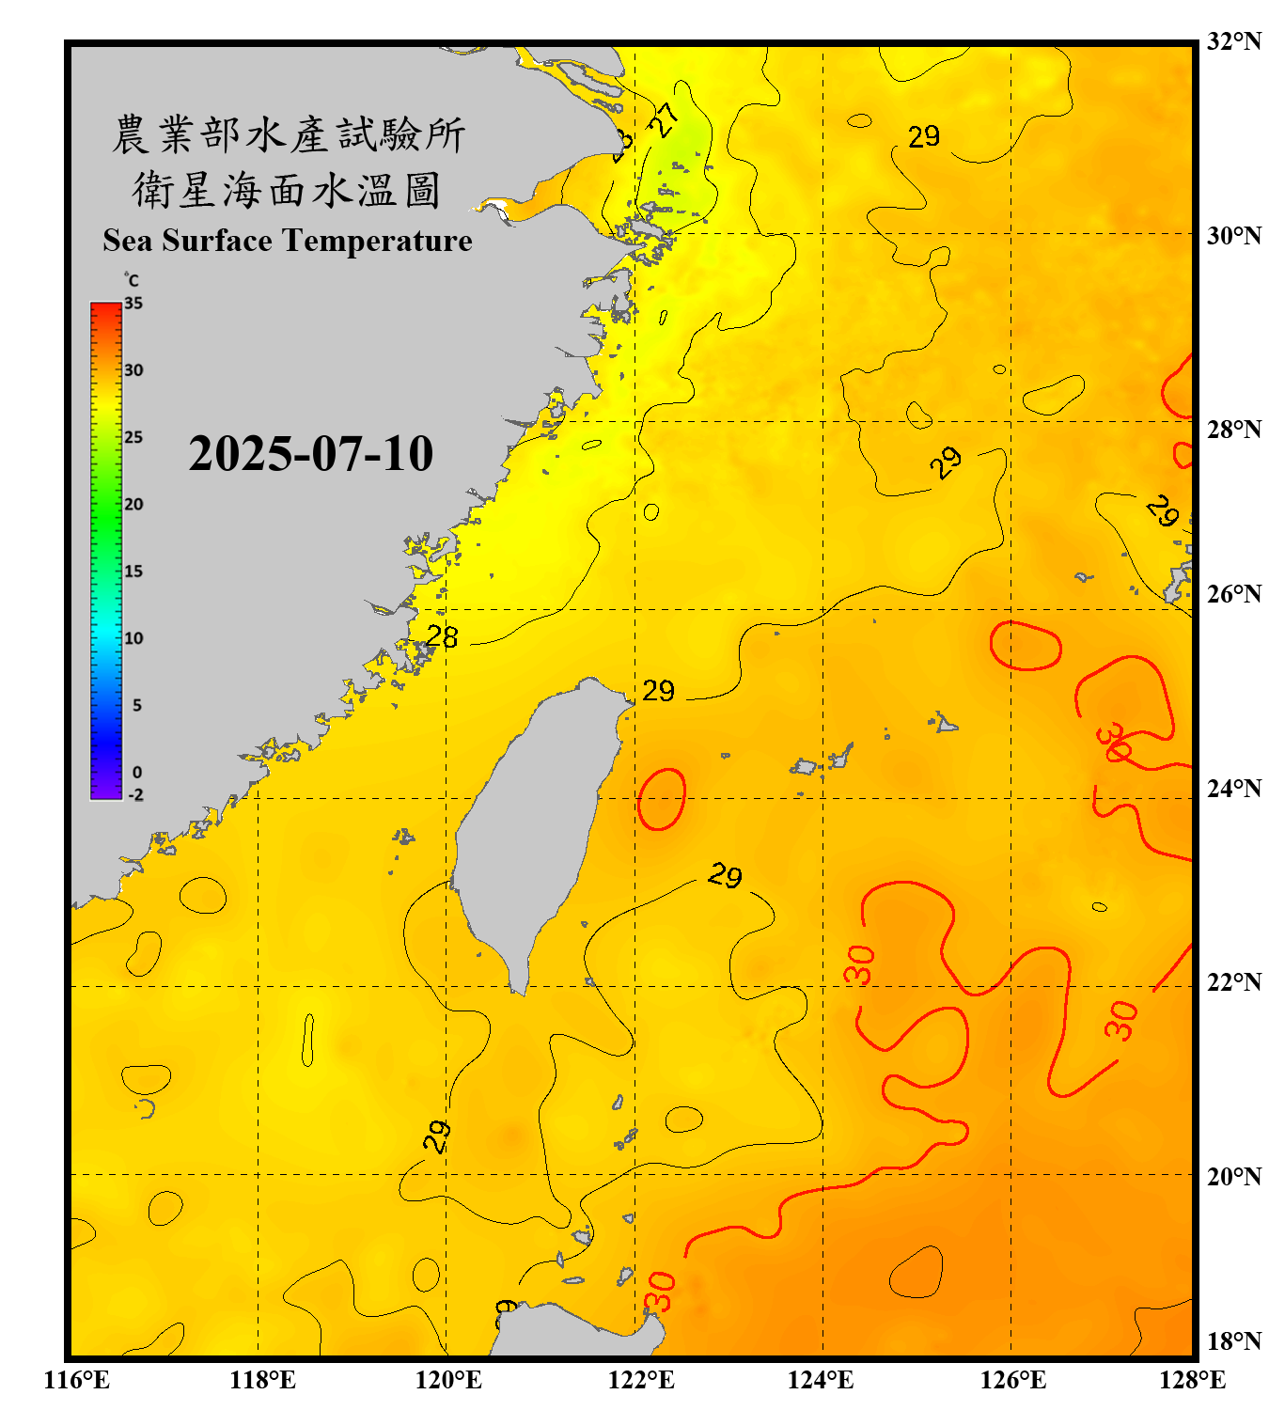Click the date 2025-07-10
pyautogui.click(x=310, y=454)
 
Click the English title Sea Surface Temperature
pyautogui.click(x=288, y=241)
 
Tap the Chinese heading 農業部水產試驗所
pyautogui.click(x=289, y=134)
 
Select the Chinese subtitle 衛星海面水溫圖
pyautogui.click(x=287, y=190)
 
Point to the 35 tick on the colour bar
pyautogui.click(x=133, y=304)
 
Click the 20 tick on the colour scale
pyautogui.click(x=133, y=504)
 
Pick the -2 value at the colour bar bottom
pyautogui.click(x=135, y=795)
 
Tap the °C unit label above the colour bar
pyautogui.click(x=132, y=280)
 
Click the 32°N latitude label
pyautogui.click(x=1233, y=41)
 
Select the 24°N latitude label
pyautogui.click(x=1233, y=788)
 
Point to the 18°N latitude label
pyautogui.click(x=1233, y=1341)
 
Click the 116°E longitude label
pyautogui.click(x=77, y=1380)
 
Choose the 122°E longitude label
pyautogui.click(x=641, y=1380)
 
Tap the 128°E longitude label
pyautogui.click(x=1192, y=1380)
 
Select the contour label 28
pyautogui.click(x=442, y=637)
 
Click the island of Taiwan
pyautogui.click(x=531, y=827)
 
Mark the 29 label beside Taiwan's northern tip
pyautogui.click(x=658, y=691)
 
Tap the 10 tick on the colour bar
pyautogui.click(x=133, y=638)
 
